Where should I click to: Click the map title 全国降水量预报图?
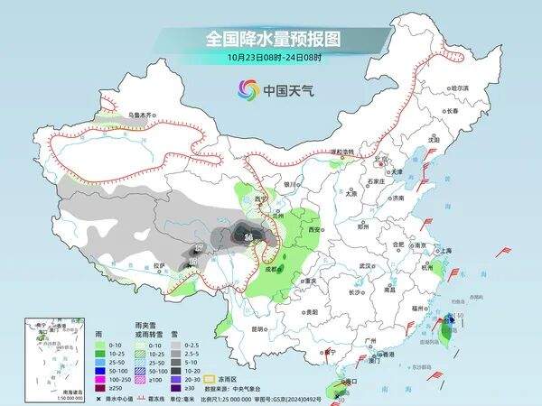click(x=270, y=39)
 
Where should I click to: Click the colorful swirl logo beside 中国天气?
click(x=248, y=89)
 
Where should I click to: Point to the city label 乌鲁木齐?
click(x=142, y=115)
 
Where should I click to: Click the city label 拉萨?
click(x=159, y=266)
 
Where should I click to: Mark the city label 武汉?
click(x=366, y=266)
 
